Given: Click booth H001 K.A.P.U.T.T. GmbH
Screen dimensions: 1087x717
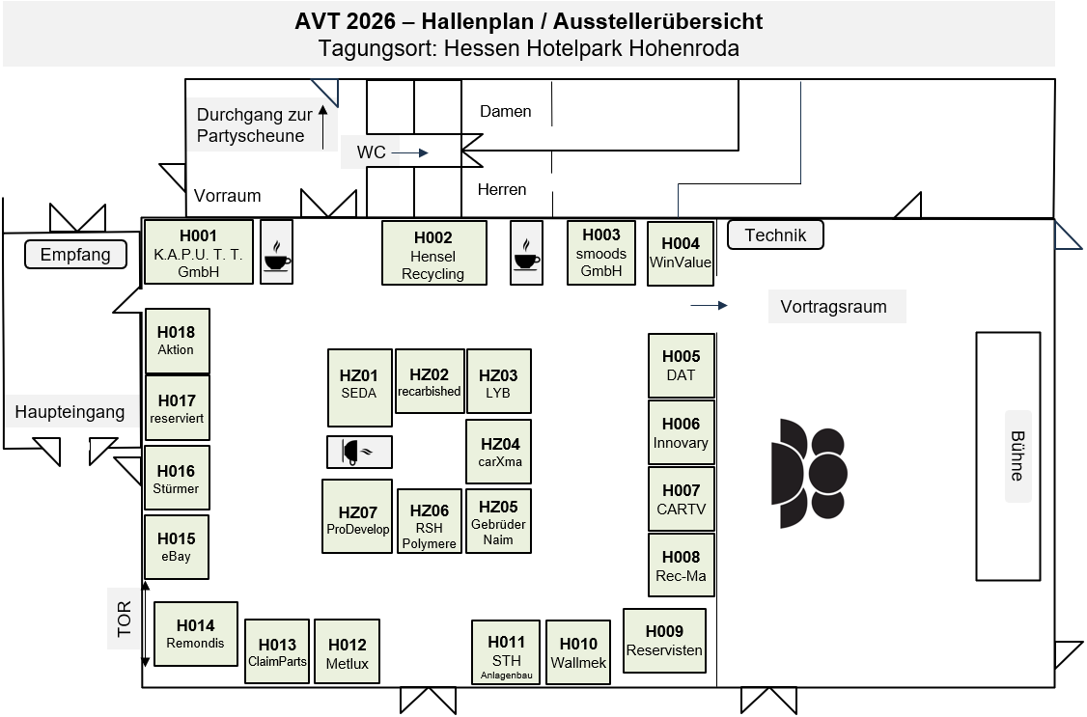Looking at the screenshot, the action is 198,252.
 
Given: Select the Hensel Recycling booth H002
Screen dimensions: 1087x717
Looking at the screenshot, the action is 434,253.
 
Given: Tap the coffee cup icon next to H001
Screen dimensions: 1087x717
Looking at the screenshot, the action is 277,252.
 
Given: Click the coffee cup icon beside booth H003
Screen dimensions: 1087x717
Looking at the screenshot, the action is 526,253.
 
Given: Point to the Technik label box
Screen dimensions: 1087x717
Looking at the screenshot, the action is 775,234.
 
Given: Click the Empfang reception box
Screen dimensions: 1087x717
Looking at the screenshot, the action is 75,254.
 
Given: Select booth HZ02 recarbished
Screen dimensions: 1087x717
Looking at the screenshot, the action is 430,382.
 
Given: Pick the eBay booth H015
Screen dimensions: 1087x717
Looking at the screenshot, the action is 176,546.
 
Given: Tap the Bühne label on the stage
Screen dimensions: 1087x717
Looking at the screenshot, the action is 1017,455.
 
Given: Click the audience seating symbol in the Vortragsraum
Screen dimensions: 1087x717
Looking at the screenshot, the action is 809,473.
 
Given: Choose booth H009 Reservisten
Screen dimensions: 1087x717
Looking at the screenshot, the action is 664,641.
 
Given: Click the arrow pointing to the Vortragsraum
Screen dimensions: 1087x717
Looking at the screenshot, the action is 710,306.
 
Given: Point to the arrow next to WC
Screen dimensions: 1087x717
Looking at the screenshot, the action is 409,153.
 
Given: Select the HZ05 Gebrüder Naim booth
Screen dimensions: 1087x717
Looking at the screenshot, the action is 498,521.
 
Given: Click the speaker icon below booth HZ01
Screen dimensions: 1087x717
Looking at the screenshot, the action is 359,452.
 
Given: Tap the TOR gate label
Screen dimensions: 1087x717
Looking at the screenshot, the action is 125,619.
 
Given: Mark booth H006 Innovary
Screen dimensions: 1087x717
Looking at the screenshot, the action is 681,432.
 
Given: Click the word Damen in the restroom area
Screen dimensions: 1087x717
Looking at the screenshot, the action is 506,112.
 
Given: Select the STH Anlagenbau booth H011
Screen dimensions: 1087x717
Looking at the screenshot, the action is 506,652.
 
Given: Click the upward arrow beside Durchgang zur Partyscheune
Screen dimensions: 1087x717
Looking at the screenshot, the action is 322,126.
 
